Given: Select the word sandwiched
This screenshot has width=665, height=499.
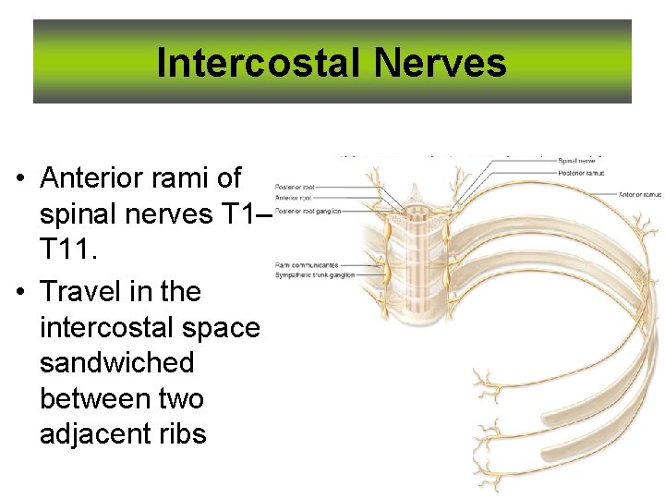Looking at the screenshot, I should [117, 362].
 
